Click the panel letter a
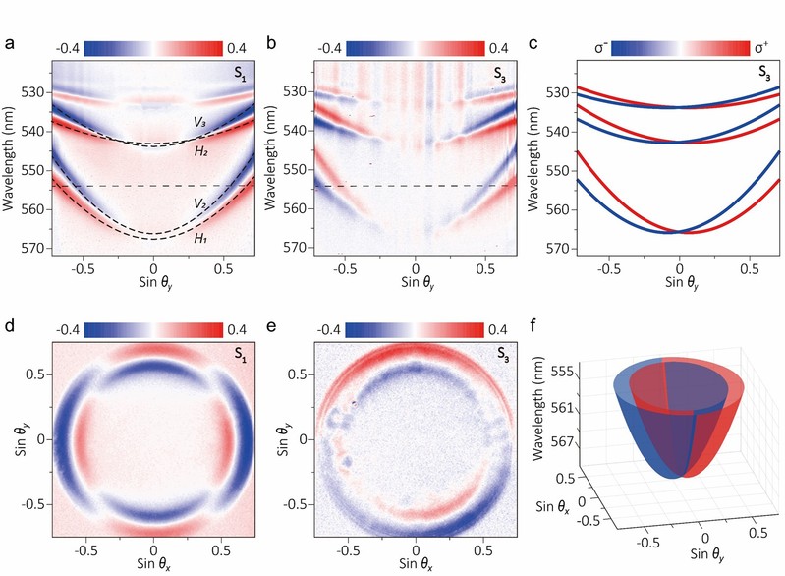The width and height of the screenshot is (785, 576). click(9, 44)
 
